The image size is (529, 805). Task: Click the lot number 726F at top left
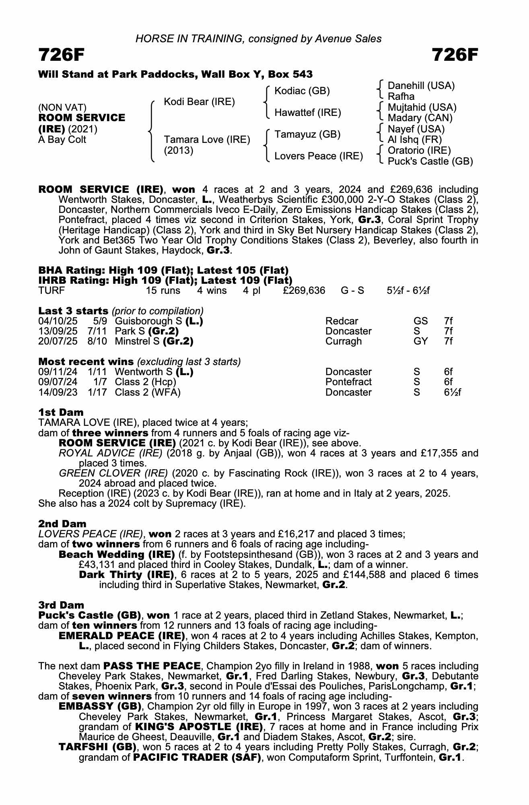coord(61,55)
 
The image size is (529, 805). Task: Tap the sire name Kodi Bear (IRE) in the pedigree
coord(199,102)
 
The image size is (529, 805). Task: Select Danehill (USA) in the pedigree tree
coord(421,86)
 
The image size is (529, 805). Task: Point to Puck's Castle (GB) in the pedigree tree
coord(430,161)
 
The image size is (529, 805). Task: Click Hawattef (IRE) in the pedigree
coord(307,113)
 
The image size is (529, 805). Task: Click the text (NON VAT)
coord(62,107)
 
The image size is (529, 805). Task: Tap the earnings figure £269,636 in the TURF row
coord(304,291)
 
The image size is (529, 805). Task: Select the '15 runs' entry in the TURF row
coord(163,291)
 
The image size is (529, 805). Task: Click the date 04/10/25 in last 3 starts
coord(58,321)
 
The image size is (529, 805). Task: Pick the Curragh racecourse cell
coord(343,341)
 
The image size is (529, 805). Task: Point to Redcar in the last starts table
coord(342,321)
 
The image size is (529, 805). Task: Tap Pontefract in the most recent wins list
coord(348,382)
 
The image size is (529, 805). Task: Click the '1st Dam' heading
coord(61,412)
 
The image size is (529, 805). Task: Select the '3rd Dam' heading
coord(61,605)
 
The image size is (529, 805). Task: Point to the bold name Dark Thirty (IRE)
coord(126,574)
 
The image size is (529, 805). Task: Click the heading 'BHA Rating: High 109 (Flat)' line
coord(163,270)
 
